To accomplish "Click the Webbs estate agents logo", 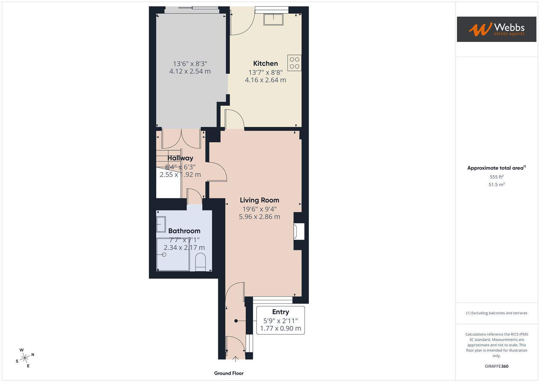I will click(x=496, y=29).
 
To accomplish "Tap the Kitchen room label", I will click(x=265, y=64).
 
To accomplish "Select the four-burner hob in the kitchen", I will click(x=294, y=63).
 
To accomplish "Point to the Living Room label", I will click(x=259, y=200).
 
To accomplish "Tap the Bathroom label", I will click(x=184, y=231).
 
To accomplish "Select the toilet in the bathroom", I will click(x=201, y=262).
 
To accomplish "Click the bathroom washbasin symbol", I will click(x=161, y=224).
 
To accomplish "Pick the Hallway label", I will click(x=180, y=158).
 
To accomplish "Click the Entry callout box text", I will click(x=280, y=320).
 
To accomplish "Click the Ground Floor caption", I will click(x=229, y=373).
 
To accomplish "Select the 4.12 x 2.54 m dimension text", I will click(x=190, y=71).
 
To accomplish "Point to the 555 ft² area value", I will click(x=496, y=177).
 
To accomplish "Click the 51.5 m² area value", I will click(x=496, y=185).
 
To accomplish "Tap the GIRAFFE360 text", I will click(x=496, y=366).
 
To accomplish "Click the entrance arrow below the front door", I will click(x=236, y=359).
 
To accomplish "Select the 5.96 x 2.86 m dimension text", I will click(x=259, y=217).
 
